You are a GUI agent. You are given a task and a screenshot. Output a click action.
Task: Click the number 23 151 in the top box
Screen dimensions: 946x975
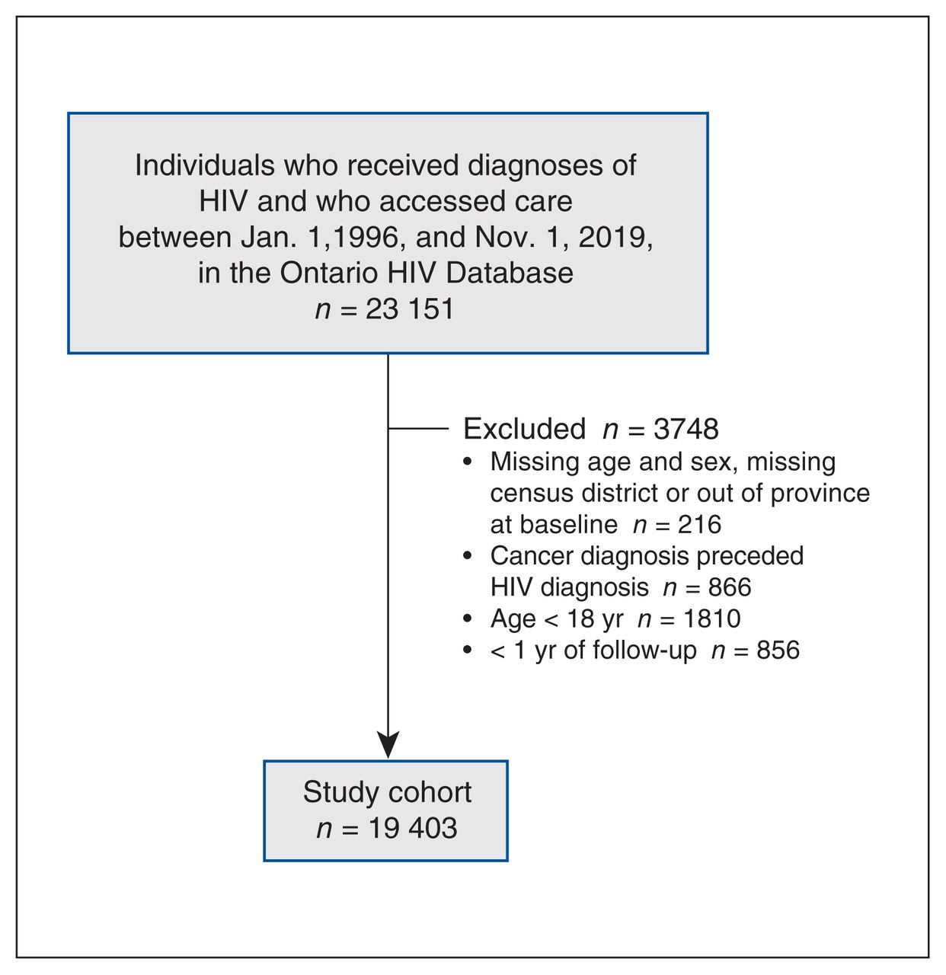click(409, 309)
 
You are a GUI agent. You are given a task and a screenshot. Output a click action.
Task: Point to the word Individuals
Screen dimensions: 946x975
click(205, 165)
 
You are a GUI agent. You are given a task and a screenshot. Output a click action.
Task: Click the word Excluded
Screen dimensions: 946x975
click(524, 429)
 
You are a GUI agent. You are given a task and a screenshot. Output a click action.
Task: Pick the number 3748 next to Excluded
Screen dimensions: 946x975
click(686, 430)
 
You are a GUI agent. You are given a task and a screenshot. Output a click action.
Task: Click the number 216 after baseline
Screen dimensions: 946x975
click(699, 525)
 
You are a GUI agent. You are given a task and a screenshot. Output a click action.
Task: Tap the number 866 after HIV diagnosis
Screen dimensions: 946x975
click(730, 587)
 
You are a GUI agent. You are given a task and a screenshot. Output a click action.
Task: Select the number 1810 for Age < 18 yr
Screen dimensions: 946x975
click(712, 619)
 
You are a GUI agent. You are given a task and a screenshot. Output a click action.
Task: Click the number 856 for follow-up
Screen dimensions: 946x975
click(778, 650)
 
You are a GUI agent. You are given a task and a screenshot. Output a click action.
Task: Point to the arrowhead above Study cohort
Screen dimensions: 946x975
click(388, 744)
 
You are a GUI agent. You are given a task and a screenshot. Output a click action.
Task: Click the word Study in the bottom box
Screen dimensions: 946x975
click(340, 793)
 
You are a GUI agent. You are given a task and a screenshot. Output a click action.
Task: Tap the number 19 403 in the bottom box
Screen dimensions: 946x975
click(413, 828)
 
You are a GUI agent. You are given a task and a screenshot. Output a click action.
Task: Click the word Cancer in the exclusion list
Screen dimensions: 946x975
click(532, 555)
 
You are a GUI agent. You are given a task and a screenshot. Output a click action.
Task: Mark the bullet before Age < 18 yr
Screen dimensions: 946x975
click(468, 619)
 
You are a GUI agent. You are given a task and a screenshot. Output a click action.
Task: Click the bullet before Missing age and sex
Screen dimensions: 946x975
click(468, 462)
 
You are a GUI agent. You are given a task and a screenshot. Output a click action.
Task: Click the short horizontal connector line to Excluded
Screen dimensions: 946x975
click(418, 428)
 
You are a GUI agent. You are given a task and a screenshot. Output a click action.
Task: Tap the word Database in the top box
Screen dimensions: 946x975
click(510, 273)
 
